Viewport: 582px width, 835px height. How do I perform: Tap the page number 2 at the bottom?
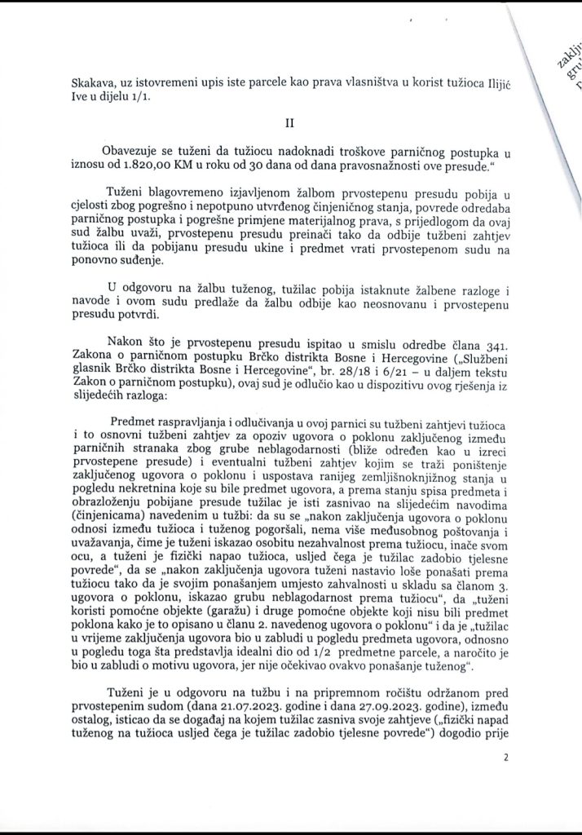pyautogui.click(x=506, y=758)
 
